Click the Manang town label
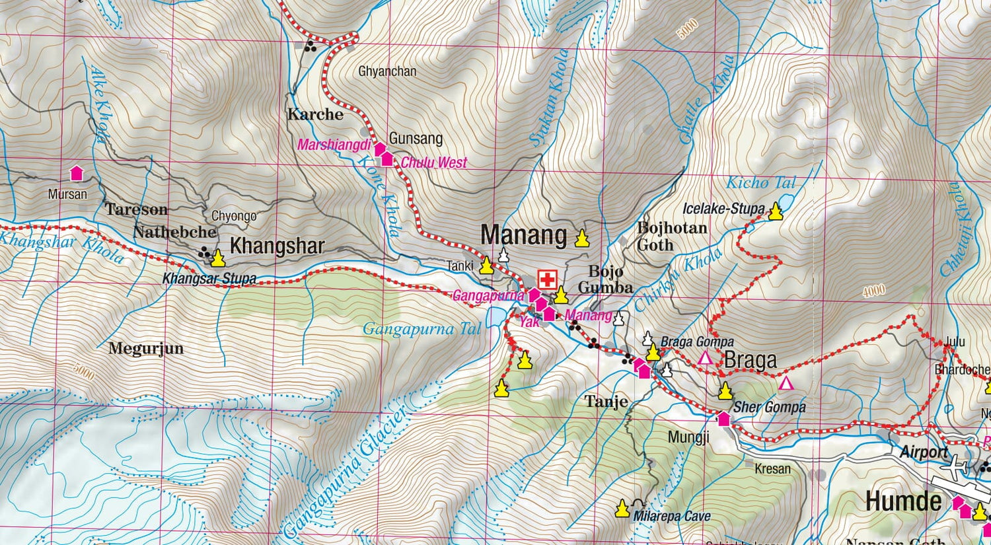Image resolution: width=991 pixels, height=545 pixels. [x=523, y=235]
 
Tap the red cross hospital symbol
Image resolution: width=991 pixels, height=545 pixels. [x=547, y=279]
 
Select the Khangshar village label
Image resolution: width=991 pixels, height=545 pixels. [x=277, y=246]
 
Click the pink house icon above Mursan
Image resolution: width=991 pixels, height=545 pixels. [x=77, y=174]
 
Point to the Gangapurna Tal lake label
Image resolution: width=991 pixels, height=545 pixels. [x=422, y=328]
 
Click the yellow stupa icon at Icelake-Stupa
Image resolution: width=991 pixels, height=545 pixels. [x=776, y=211]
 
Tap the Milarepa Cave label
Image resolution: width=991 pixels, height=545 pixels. [x=672, y=517]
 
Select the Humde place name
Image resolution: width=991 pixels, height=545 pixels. [x=903, y=501]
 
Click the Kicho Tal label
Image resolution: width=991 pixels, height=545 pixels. [x=761, y=183]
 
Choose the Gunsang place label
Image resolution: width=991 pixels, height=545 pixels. [x=416, y=139]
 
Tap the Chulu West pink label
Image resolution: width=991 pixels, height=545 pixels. [x=433, y=163]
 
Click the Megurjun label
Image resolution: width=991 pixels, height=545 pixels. [x=146, y=348]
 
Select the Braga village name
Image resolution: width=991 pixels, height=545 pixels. [x=751, y=361]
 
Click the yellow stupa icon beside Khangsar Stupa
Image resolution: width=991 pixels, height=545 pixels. [x=218, y=258]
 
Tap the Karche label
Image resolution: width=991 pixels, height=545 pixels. [x=315, y=114]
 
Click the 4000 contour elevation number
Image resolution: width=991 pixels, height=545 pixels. [x=873, y=291]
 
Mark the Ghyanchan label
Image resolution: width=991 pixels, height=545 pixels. [x=387, y=71]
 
